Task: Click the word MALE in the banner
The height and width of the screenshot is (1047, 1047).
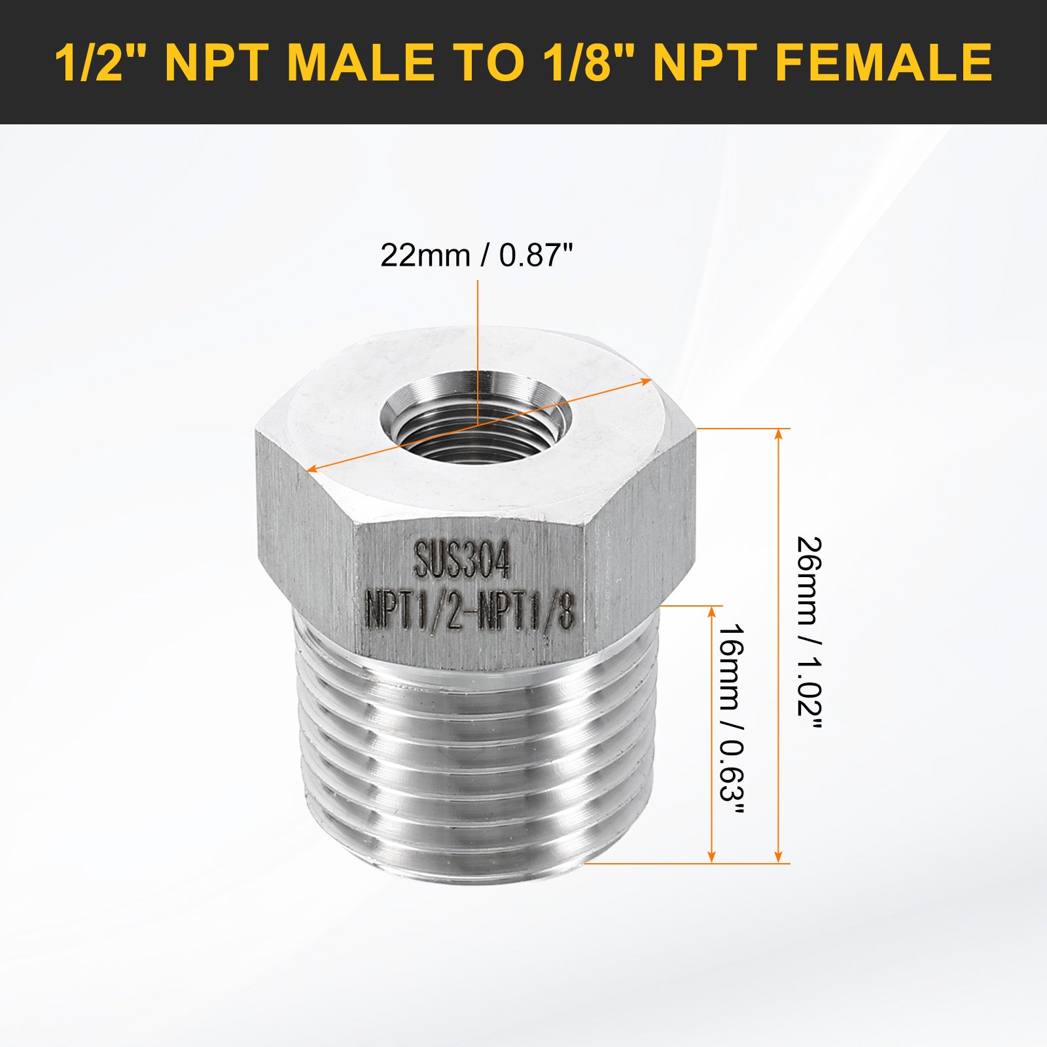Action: coord(361,62)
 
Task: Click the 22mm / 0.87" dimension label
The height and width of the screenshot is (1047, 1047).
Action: coord(477,255)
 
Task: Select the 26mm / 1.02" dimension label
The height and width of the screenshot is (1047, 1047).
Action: coord(809,635)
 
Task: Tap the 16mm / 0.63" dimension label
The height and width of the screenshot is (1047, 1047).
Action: coord(732,719)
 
